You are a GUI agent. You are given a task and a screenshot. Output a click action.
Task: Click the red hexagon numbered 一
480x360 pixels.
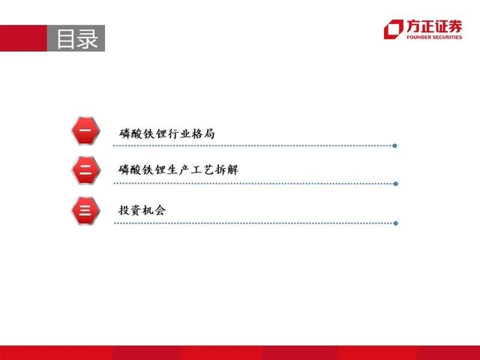(85, 130)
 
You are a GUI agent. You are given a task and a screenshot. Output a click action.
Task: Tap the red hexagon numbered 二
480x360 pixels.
(86, 170)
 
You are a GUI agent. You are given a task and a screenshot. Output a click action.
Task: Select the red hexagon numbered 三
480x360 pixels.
(85, 211)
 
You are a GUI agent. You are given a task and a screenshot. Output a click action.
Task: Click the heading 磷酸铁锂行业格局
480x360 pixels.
(167, 133)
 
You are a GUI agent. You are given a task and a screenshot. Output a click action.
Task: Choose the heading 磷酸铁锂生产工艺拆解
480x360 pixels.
(178, 169)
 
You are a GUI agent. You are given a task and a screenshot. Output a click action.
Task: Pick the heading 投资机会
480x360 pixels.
(142, 210)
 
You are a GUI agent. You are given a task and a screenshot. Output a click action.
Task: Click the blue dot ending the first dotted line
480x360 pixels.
(395, 145)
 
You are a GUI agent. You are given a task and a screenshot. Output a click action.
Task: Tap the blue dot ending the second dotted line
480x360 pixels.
(395, 184)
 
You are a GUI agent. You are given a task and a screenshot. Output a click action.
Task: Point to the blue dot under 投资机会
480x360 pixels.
(395, 223)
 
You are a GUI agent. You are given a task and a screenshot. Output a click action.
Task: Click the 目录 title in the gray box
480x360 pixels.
(77, 38)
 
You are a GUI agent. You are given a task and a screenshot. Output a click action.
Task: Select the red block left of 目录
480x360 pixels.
(23, 38)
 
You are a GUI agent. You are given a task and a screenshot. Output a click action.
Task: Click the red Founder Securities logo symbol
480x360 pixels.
(394, 29)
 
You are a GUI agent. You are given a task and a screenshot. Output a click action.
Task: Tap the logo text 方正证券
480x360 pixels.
(434, 26)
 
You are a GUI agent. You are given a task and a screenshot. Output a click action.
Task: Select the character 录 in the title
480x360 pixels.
(88, 38)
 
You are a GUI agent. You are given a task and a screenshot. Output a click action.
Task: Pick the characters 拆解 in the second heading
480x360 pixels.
(227, 169)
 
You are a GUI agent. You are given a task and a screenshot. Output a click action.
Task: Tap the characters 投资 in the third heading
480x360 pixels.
(130, 210)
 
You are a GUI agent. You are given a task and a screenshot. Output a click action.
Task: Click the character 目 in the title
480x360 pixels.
(65, 39)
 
